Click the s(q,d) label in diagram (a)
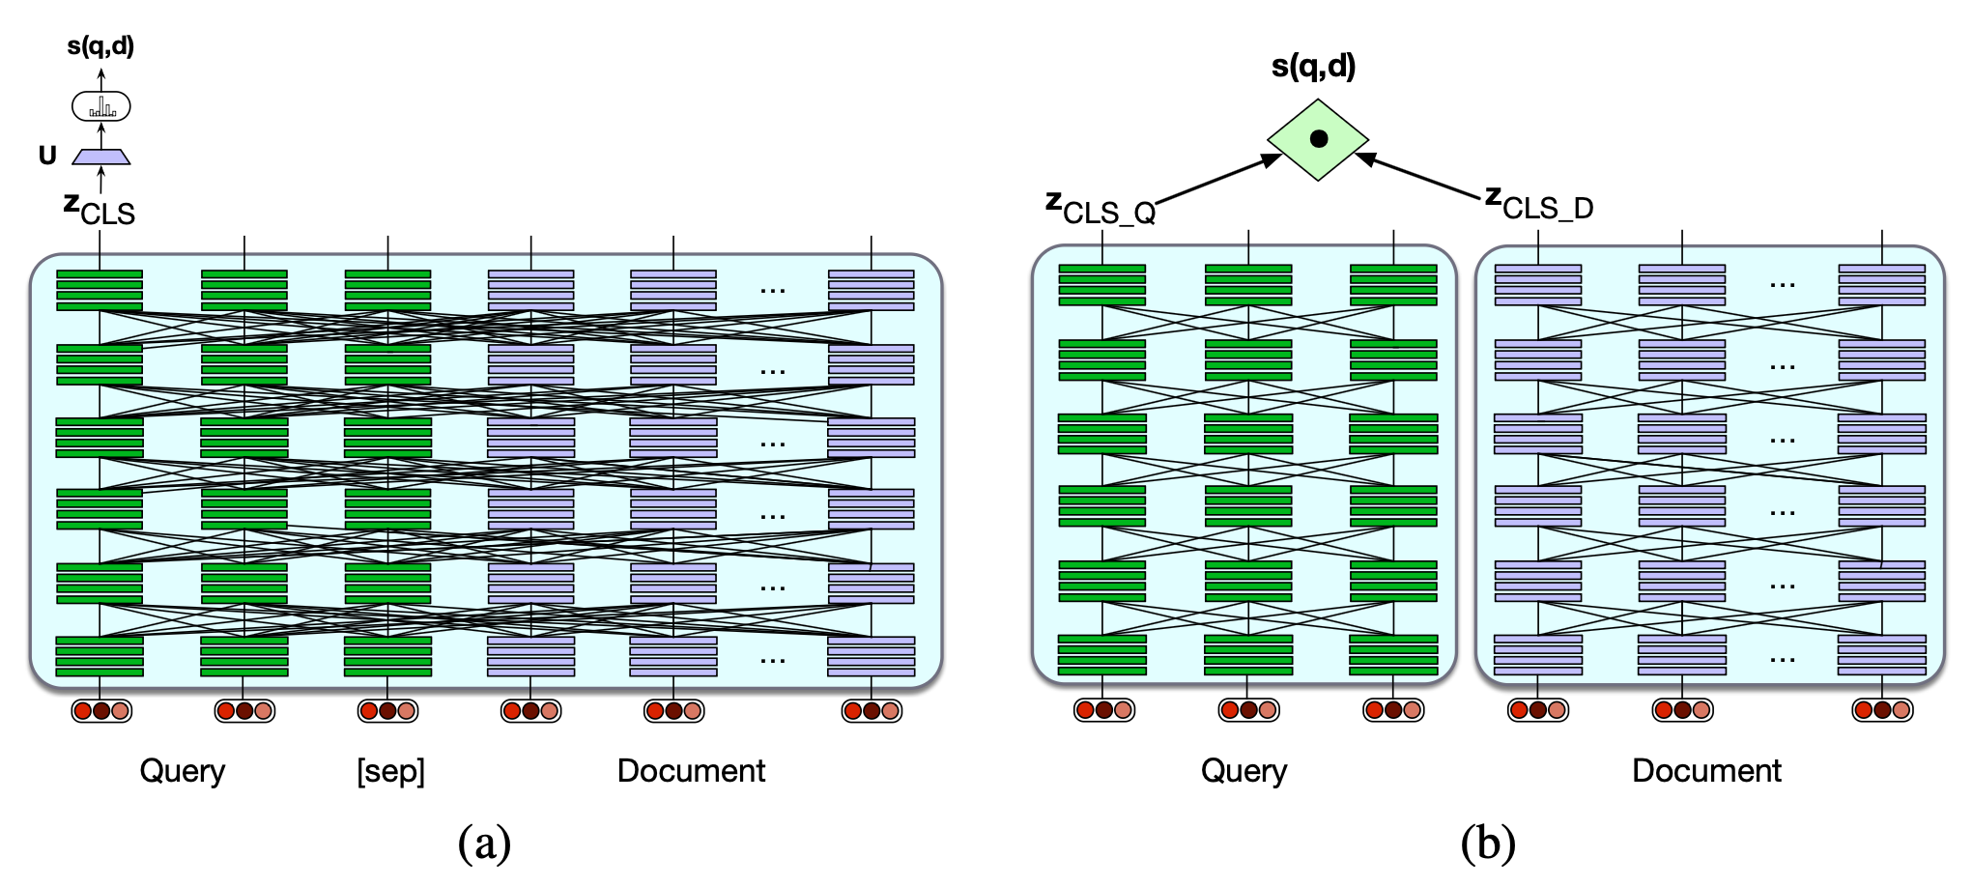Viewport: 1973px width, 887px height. [x=100, y=45]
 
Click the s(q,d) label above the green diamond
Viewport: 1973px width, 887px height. [x=1313, y=66]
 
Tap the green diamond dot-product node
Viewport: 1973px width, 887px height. [x=1318, y=139]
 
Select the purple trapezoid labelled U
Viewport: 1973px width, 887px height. [x=101, y=157]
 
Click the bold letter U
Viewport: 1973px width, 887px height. [x=47, y=156]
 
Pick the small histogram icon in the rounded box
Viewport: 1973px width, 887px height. [x=101, y=106]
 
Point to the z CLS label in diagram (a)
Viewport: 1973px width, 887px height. [x=100, y=208]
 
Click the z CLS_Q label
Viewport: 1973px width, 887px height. [x=1101, y=207]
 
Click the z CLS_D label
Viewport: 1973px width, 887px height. [x=1539, y=203]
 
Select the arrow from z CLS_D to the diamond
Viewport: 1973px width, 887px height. [x=1417, y=176]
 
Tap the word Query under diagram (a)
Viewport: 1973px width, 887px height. [x=183, y=771]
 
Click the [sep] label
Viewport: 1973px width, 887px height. [x=390, y=771]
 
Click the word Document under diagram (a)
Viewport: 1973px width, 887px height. [x=691, y=771]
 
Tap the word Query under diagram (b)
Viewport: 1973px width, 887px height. [x=1244, y=771]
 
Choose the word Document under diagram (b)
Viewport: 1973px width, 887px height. [x=1706, y=771]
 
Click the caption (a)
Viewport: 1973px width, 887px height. [x=484, y=843]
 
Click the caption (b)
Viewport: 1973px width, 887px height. [x=1488, y=843]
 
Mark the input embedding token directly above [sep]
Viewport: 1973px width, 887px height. [x=387, y=711]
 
